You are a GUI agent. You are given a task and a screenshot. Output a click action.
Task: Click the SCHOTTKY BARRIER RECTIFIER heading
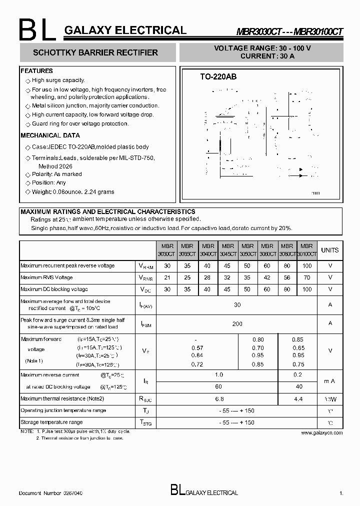(x=95, y=52)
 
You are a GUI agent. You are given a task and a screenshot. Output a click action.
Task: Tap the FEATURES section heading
(x=36, y=71)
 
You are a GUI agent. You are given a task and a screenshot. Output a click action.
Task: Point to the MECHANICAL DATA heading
(x=50, y=135)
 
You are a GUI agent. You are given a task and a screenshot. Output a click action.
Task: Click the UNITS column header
(x=329, y=250)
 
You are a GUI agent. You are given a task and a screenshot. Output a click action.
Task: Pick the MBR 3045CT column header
(x=227, y=250)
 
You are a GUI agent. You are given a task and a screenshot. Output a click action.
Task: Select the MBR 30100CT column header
(x=306, y=250)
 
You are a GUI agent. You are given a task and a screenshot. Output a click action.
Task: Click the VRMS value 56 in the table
(x=287, y=277)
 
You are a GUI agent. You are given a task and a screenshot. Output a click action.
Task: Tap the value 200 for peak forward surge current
(x=237, y=323)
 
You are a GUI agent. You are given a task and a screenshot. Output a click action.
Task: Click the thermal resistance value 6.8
(x=218, y=399)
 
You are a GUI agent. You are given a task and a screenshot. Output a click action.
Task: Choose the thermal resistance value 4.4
(x=298, y=399)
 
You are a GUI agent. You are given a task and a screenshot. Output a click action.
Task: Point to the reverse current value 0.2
(x=298, y=374)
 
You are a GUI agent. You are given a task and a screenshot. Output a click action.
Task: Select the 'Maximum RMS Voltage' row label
(x=46, y=277)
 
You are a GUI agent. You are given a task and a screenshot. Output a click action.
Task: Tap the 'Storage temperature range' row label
(x=51, y=422)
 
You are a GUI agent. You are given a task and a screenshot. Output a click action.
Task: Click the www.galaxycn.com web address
(x=322, y=433)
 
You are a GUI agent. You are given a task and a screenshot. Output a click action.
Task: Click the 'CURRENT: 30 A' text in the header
(x=267, y=56)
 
